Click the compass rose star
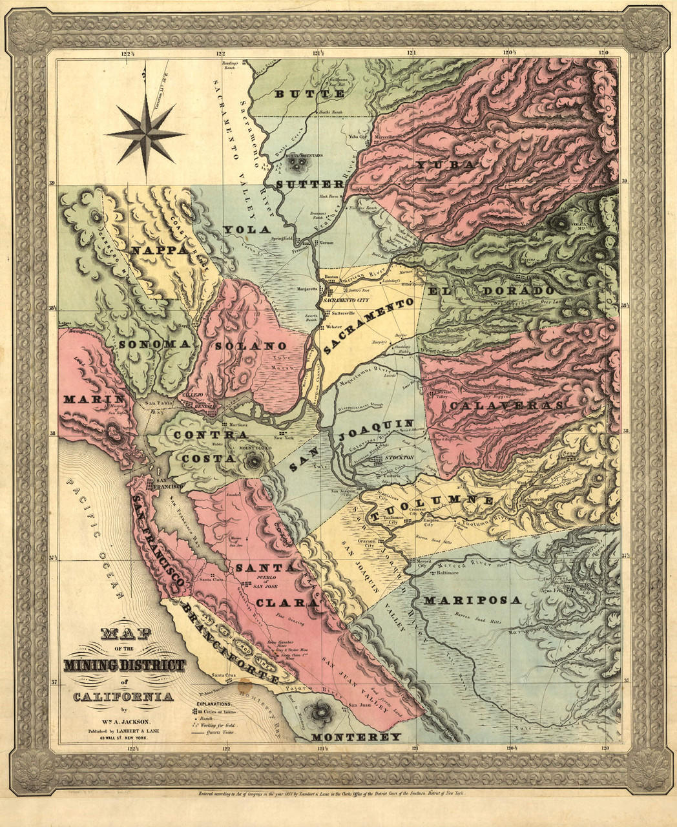pyautogui.click(x=146, y=133)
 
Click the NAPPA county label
pyautogui.click(x=158, y=249)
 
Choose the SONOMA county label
pyautogui.click(x=155, y=344)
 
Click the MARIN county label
pyautogui.click(x=94, y=399)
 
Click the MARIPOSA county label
pyautogui.click(x=472, y=600)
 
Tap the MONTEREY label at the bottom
pyautogui.click(x=356, y=737)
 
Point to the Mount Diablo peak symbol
pyautogui.click(x=253, y=461)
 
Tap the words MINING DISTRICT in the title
pyautogui.click(x=124, y=665)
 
